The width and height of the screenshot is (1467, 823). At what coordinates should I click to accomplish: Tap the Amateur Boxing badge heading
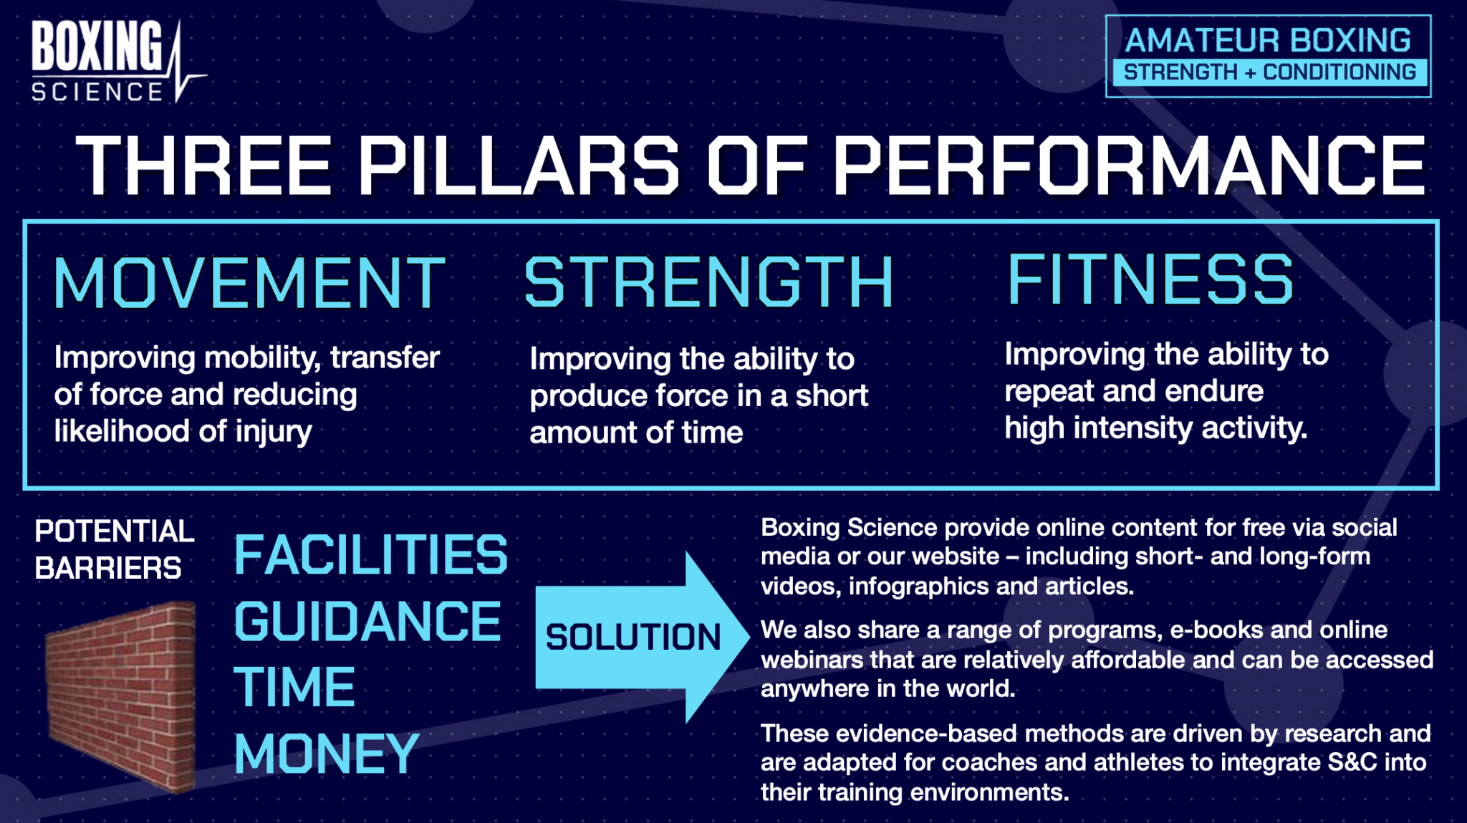tap(1268, 40)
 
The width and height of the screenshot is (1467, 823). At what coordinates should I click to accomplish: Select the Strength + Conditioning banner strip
tap(1269, 72)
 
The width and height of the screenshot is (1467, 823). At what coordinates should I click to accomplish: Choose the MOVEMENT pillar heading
tap(250, 283)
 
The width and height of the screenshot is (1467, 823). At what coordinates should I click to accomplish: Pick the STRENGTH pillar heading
tap(709, 282)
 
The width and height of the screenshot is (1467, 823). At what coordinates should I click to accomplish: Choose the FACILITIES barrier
tap(371, 555)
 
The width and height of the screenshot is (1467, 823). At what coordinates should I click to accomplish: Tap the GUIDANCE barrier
tap(367, 622)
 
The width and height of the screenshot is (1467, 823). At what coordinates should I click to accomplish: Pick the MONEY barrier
tap(327, 754)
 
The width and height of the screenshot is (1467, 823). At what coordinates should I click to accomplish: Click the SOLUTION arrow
tap(642, 637)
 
